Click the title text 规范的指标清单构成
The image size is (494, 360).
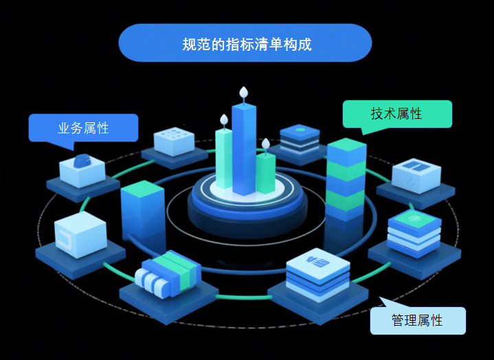pyautogui.click(x=246, y=45)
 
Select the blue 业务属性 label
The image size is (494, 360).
pyautogui.click(x=83, y=127)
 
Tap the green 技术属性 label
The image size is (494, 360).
pyautogui.click(x=397, y=113)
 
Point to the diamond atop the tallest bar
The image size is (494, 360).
pyautogui.click(x=243, y=92)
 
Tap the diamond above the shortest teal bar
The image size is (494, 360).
pyautogui.click(x=266, y=144)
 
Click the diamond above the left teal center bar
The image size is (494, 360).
pyautogui.click(x=224, y=120)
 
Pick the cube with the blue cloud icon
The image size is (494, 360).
pyautogui.click(x=82, y=169)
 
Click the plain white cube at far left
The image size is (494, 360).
pyautogui.click(x=80, y=234)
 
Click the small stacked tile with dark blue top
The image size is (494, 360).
pyautogui.click(x=300, y=138)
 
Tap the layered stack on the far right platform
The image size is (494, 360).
pyautogui.click(x=413, y=232)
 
